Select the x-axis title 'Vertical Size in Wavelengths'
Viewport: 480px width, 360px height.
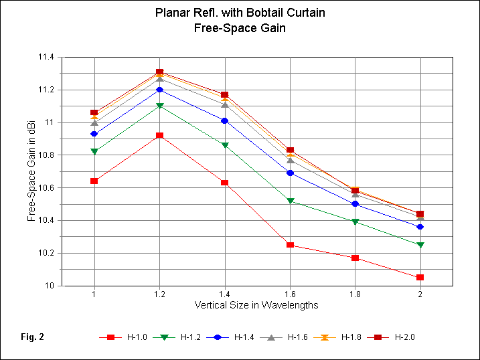pyautogui.click(x=256, y=304)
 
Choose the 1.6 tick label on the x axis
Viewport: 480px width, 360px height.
pyautogui.click(x=289, y=294)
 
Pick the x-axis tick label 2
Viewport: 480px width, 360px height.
pyautogui.click(x=420, y=294)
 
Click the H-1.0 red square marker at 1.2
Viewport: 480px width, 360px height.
pyautogui.click(x=159, y=135)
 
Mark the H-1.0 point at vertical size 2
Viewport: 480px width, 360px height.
pyautogui.click(x=420, y=277)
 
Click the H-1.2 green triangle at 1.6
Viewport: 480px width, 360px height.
pyautogui.click(x=290, y=201)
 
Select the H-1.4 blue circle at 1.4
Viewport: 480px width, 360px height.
pyautogui.click(x=224, y=120)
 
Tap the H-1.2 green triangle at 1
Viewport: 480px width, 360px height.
pyautogui.click(x=94, y=151)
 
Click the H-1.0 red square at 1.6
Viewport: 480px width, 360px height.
pyautogui.click(x=290, y=245)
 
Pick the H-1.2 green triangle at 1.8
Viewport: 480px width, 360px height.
pyautogui.click(x=355, y=221)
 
